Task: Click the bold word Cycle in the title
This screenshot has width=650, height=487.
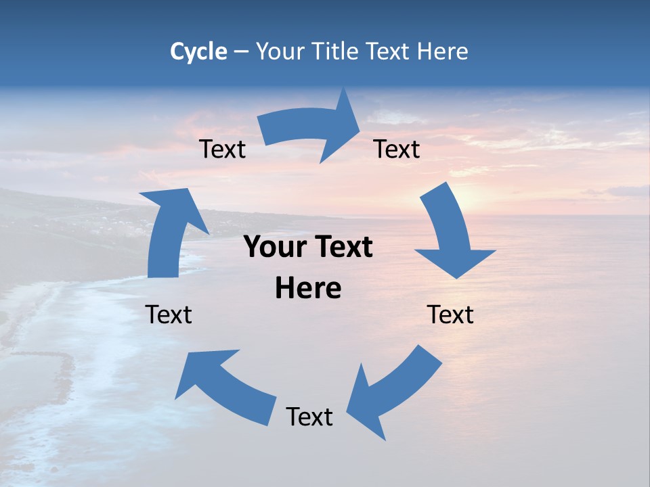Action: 198,51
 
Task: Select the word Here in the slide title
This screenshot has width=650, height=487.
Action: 443,51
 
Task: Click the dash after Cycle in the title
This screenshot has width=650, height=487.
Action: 241,51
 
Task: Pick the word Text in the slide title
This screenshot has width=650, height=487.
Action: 389,51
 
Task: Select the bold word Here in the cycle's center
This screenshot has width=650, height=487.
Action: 308,289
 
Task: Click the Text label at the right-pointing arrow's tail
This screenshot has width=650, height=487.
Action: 222,149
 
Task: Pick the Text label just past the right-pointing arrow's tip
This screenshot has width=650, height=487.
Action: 397,149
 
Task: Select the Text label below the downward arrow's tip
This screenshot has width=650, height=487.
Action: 450,315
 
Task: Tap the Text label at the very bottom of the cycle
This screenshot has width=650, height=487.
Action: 309,417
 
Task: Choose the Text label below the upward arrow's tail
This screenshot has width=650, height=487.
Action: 169,315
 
